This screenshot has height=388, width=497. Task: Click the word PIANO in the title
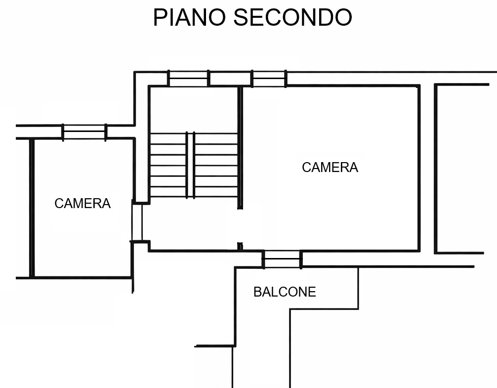tap(190, 17)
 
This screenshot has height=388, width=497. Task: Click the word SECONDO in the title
tap(293, 17)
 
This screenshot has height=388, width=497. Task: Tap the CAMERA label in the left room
tap(83, 204)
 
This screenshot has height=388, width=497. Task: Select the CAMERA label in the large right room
tap(330, 168)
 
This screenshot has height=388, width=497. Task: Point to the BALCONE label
tap(285, 292)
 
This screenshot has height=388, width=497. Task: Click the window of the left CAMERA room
tap(84, 132)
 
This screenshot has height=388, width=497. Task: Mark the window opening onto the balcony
tap(282, 259)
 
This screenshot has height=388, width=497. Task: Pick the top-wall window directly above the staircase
tap(188, 78)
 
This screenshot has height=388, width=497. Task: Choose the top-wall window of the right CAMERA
tap(269, 79)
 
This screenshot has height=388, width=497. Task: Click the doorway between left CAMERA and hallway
tap(137, 222)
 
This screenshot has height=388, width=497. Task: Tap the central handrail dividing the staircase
tap(190, 165)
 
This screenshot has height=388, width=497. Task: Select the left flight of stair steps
tap(168, 165)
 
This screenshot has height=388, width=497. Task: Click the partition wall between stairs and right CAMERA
tap(240, 147)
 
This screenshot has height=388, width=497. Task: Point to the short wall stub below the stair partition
tap(240, 247)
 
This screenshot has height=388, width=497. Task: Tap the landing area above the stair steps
tap(193, 109)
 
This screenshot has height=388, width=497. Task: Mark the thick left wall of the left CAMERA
tap(32, 208)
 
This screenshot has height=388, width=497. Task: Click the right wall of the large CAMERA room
tap(419, 168)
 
